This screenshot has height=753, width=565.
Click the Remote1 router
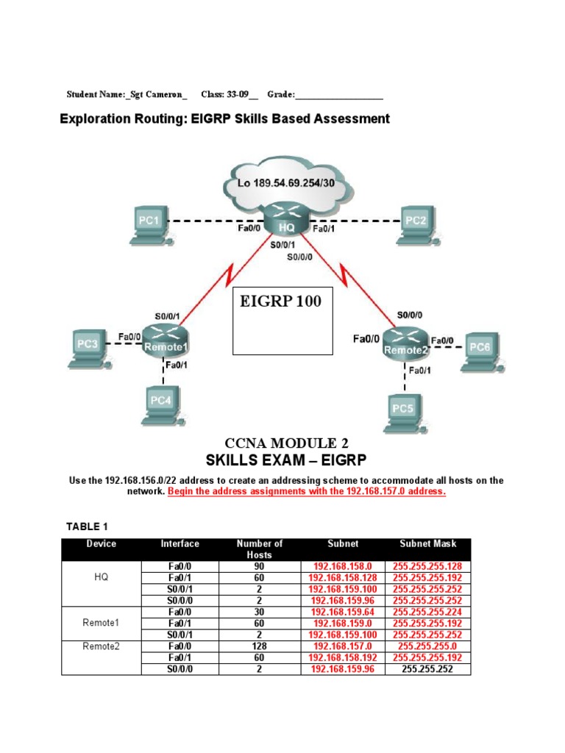[x=166, y=343]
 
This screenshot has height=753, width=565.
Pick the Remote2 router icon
[x=403, y=347]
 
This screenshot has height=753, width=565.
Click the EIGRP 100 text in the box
[x=280, y=301]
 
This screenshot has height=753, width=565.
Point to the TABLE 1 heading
[x=87, y=527]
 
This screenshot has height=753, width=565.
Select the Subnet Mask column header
[x=427, y=544]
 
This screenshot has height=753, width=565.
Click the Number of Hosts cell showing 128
[x=260, y=647]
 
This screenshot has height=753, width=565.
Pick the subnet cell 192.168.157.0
[x=343, y=647]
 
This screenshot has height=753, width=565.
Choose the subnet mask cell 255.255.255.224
[x=427, y=612]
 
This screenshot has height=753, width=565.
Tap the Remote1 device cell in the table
[x=101, y=623]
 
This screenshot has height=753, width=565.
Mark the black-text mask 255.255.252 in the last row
[x=427, y=670]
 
